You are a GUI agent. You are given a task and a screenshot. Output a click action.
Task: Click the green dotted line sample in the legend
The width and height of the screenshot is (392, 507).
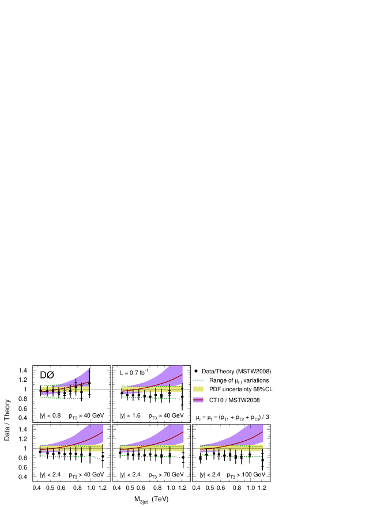click(x=198, y=380)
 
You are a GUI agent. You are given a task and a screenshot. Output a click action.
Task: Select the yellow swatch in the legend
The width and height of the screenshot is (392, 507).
click(x=198, y=389)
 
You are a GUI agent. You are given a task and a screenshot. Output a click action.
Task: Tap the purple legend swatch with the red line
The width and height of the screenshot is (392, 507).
click(x=198, y=399)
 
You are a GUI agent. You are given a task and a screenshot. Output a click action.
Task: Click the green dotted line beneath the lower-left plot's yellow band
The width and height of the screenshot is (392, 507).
click(x=63, y=456)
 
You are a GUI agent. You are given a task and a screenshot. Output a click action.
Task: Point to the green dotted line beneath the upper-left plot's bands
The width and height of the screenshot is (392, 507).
click(x=58, y=398)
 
